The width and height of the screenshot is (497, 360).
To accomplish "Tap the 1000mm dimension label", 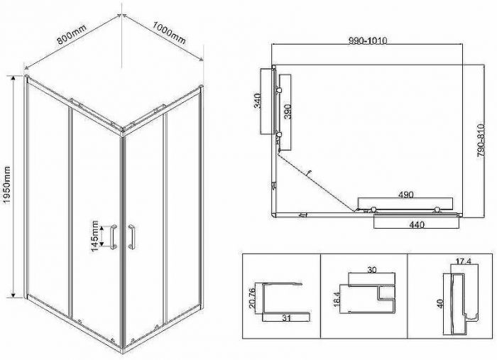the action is (x=169, y=33).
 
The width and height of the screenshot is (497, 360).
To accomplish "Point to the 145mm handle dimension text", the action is (x=94, y=236).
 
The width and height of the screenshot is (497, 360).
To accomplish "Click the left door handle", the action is (x=114, y=236).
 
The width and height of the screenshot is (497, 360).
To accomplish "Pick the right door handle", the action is (x=131, y=236).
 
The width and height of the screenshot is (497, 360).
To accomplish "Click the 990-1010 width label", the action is (x=368, y=41).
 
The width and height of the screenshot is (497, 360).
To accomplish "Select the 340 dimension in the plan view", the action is (x=258, y=101).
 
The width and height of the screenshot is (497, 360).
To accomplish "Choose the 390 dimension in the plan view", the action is (x=288, y=111).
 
